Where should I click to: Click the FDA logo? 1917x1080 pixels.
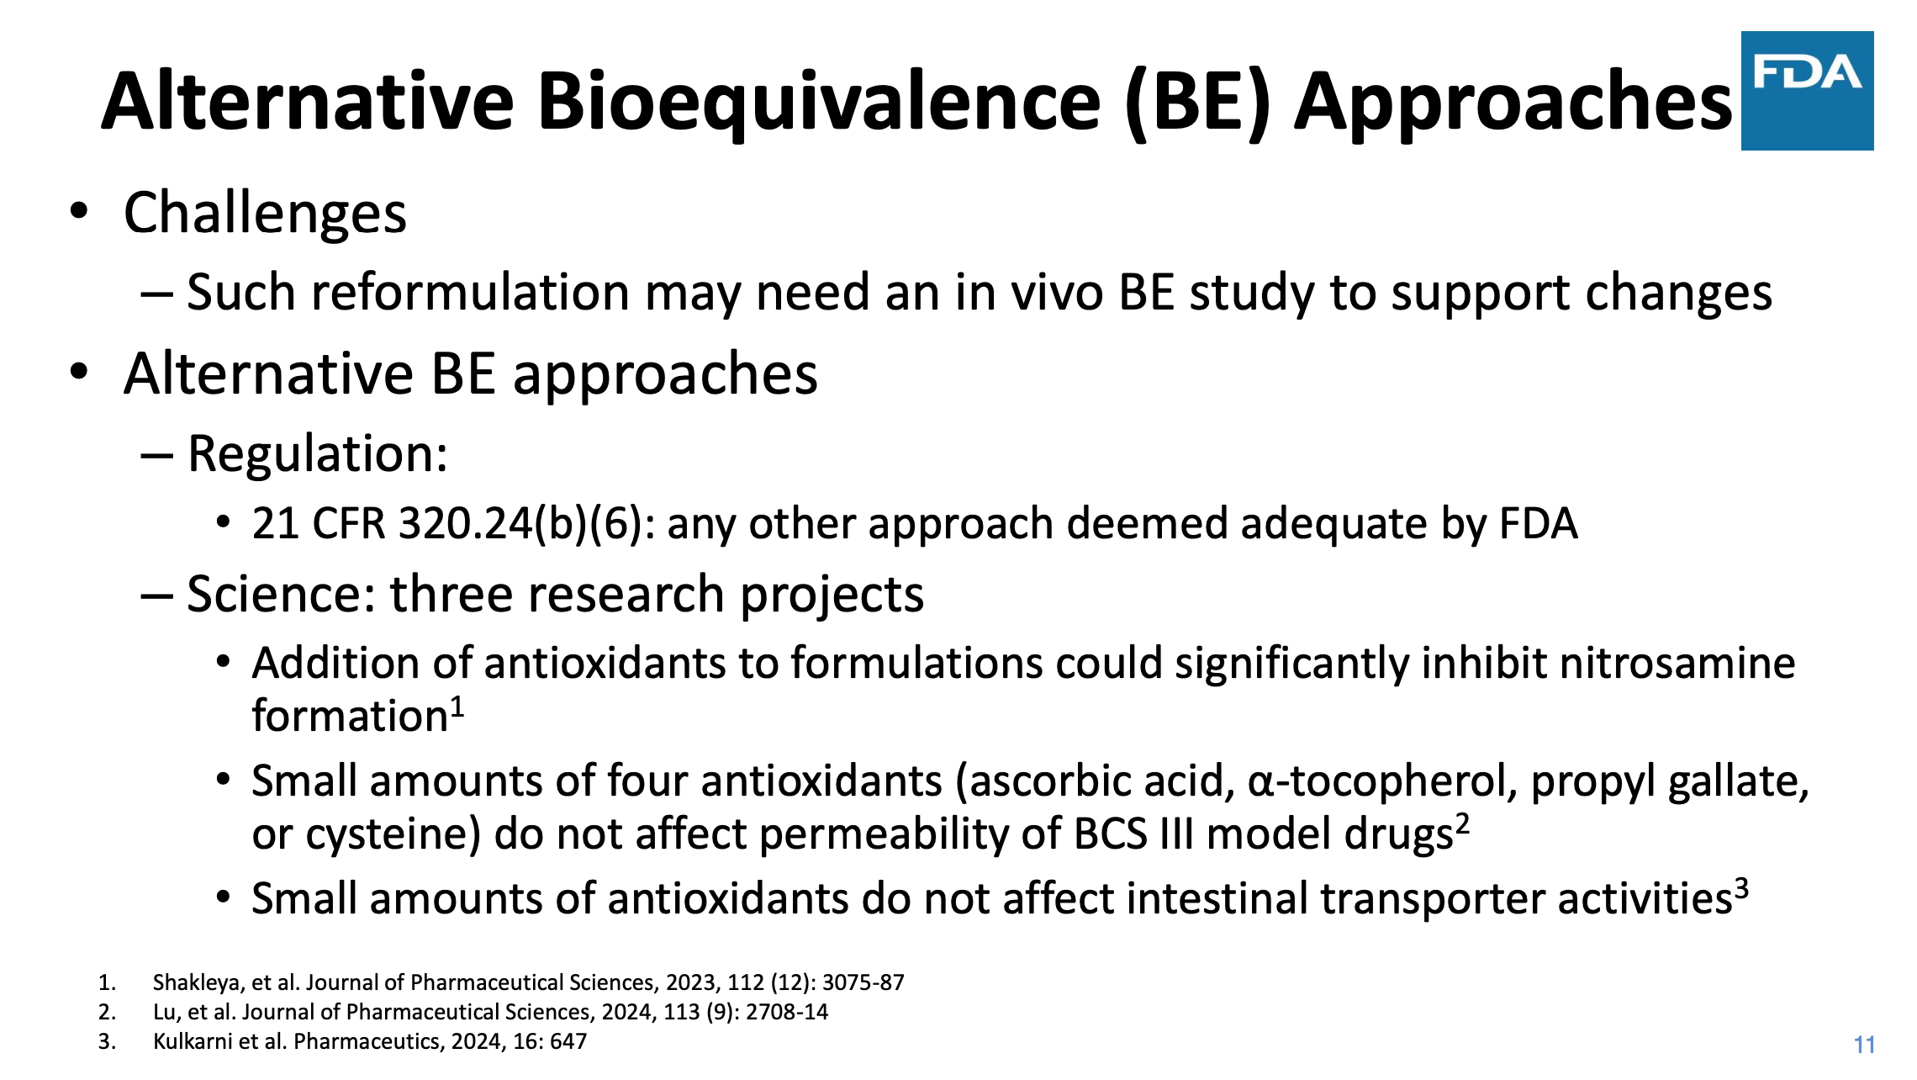1807,91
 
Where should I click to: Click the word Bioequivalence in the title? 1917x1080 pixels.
819,103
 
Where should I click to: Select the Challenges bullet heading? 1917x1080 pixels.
265,214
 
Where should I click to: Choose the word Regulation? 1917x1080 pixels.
317,454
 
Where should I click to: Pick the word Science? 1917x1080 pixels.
281,594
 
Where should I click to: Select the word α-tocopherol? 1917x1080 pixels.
1383,782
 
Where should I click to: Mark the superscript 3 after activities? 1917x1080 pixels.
1741,888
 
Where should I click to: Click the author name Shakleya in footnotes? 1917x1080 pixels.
196,982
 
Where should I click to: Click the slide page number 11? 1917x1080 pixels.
1864,1045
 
